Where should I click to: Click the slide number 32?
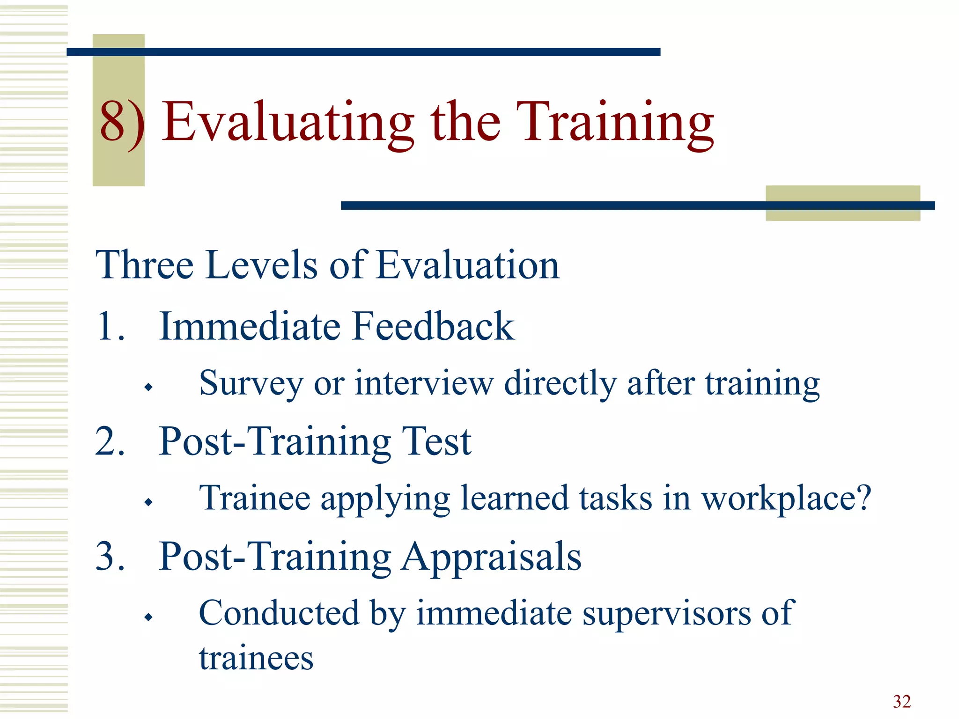(901, 701)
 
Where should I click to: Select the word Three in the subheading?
(144, 265)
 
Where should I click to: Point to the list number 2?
(110, 441)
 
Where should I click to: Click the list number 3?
(110, 556)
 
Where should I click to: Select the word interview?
(424, 383)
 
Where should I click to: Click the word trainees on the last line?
(256, 658)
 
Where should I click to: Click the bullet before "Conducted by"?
(148, 617)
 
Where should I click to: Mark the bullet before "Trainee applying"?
(148, 502)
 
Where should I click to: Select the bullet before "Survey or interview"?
(148, 387)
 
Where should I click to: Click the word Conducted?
(279, 613)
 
